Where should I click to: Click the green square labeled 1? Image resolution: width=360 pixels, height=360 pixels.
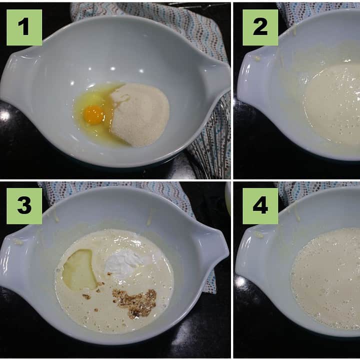[24, 27]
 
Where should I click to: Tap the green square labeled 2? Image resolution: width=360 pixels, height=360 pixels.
[260, 27]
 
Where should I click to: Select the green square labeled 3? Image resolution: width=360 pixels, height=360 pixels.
[24, 206]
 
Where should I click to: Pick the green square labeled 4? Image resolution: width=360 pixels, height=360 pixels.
[260, 206]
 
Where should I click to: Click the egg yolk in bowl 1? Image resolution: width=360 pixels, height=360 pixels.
[94, 114]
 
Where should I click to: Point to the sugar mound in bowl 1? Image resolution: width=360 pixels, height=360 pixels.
[139, 114]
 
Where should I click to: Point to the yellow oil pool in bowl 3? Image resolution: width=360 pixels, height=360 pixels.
[79, 269]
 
